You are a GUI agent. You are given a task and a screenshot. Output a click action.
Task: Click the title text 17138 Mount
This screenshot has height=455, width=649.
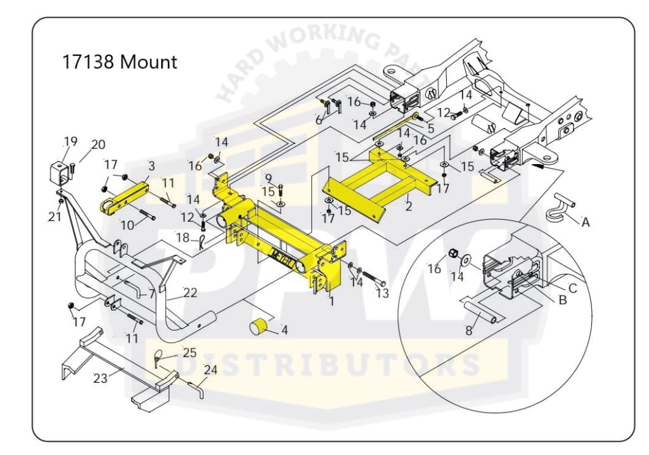point(119,63)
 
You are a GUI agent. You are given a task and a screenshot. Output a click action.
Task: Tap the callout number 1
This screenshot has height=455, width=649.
point(331,302)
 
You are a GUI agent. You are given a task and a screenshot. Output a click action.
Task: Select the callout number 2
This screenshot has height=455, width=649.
point(409,205)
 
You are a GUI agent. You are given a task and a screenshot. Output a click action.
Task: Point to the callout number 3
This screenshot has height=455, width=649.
point(151,166)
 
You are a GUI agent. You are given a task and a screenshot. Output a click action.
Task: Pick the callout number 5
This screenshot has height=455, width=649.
point(430,129)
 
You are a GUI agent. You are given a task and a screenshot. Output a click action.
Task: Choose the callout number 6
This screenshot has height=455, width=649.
point(319,120)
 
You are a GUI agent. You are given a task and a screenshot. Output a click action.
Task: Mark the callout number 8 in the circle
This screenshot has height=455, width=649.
point(469,330)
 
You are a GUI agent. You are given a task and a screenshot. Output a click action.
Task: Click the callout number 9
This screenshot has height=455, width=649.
point(269,178)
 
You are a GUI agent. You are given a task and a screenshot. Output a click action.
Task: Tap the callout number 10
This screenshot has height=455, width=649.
point(127,224)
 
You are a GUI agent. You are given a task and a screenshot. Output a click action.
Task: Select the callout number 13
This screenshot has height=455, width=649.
point(382,293)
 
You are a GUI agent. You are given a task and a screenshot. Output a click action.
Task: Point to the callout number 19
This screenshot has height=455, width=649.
point(70,141)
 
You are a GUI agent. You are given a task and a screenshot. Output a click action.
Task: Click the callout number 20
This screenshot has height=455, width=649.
point(98,144)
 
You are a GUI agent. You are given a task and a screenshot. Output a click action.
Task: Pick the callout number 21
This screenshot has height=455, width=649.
point(55,216)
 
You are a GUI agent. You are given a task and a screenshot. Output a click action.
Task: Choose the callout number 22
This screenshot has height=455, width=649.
point(190,292)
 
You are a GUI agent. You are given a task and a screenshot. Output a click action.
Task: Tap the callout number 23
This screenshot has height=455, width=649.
point(101,378)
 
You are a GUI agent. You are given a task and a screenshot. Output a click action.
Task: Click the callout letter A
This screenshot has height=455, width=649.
point(585,222)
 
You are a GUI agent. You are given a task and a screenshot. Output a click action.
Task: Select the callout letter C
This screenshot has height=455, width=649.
point(572,288)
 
